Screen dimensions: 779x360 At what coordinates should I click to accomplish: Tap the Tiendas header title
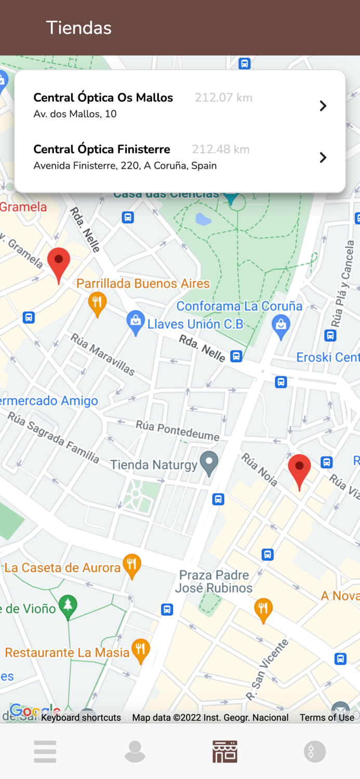pos(79,28)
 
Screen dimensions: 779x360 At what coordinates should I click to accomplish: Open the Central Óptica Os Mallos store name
pos(103,98)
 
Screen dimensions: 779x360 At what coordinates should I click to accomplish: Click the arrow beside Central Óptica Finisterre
pos(323,157)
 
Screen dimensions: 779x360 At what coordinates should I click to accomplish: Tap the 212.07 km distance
pos(223,98)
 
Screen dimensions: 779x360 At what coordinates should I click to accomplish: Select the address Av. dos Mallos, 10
pos(75,114)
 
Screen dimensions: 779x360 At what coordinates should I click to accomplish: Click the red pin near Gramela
pos(59,263)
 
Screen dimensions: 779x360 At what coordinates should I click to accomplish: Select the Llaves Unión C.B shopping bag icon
pos(135,323)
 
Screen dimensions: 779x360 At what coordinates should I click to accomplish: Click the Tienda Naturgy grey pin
pos(209,462)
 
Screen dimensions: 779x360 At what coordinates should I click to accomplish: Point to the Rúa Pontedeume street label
pos(177,431)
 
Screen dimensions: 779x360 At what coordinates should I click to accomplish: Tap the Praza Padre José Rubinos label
pos(214,582)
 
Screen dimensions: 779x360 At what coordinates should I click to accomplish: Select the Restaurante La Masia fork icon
pos(140,649)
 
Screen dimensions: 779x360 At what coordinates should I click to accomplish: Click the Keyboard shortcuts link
pos(81,718)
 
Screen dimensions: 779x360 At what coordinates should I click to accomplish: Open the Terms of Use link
pos(327,718)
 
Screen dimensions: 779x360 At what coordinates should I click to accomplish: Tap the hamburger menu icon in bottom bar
pos(45,751)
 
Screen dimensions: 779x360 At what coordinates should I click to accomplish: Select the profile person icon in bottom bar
pos(135,751)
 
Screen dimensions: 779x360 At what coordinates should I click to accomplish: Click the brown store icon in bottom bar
pos(225,751)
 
